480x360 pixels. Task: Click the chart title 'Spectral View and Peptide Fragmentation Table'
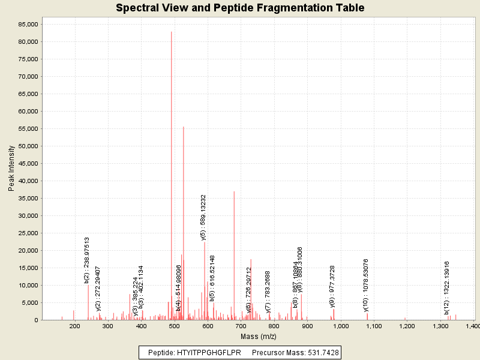coord(240,8)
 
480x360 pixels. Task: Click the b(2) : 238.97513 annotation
coord(87,259)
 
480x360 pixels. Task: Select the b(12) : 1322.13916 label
coord(446,288)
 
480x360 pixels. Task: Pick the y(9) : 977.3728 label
coord(332,286)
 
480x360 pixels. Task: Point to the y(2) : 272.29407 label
coord(98,289)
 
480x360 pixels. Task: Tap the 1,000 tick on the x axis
coord(340,326)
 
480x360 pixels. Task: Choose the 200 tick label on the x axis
coord(75,326)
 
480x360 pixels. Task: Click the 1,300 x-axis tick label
coord(440,326)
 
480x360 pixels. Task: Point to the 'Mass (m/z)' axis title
coord(257,336)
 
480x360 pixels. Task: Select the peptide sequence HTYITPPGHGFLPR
coord(209,353)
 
